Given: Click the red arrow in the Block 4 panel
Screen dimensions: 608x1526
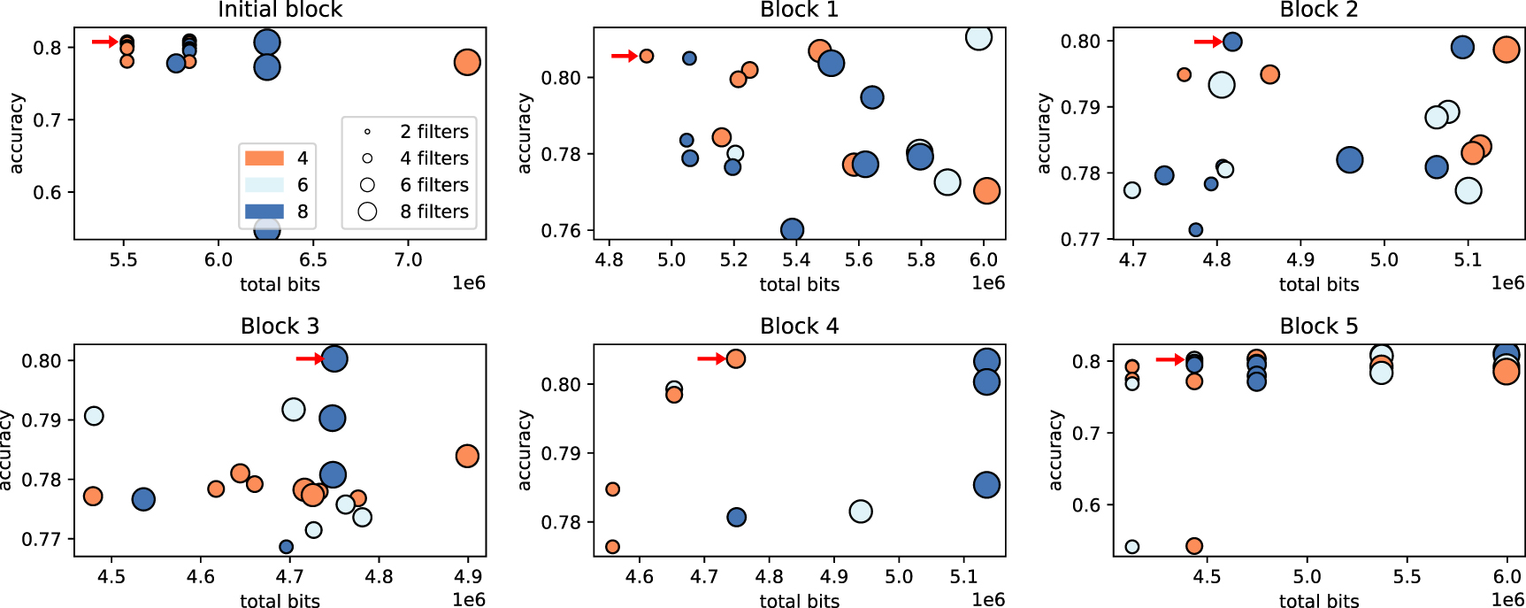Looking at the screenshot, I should point(710,358).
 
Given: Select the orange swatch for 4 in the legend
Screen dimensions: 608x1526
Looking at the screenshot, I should point(264,158).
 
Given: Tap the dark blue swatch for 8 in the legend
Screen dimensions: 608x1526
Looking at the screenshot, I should point(264,212).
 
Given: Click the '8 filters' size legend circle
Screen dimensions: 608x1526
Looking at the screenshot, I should point(367,212).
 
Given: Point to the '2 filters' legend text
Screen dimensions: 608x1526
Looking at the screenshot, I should point(433,132).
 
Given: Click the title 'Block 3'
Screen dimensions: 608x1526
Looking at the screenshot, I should point(280,327).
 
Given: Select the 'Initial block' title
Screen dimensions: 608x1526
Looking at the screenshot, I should point(280,11).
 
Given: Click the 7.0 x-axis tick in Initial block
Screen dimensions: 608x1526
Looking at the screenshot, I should point(408,260).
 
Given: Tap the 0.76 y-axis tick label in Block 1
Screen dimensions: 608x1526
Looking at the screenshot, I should point(561,231).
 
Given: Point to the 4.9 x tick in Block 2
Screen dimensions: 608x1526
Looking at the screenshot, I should point(1300,260).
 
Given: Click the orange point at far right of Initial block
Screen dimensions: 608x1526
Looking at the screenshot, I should point(467,63).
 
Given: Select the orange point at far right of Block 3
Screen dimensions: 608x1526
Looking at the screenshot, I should point(467,456).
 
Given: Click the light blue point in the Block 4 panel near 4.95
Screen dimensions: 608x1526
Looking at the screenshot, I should point(860,512).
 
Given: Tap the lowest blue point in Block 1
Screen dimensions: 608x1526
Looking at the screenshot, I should point(792,230).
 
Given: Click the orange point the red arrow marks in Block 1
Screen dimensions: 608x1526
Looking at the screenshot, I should point(647,56).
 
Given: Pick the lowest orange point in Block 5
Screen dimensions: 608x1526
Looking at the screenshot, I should point(1194,546).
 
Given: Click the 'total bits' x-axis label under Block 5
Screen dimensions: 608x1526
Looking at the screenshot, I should point(1318,601).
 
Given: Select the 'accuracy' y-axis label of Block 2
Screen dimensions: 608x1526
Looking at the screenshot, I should point(1044,133).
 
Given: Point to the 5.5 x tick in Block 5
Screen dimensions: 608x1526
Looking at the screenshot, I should point(1407,577).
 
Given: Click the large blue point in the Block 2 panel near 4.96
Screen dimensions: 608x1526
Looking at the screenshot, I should point(1349,160).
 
